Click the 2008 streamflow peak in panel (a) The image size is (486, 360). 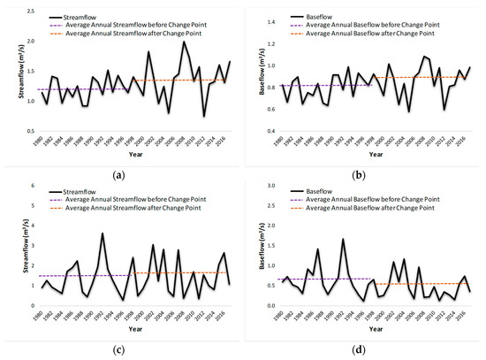coord(184,42)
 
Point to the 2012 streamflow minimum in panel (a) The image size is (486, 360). coord(204,116)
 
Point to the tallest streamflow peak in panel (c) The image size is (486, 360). coord(103,234)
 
